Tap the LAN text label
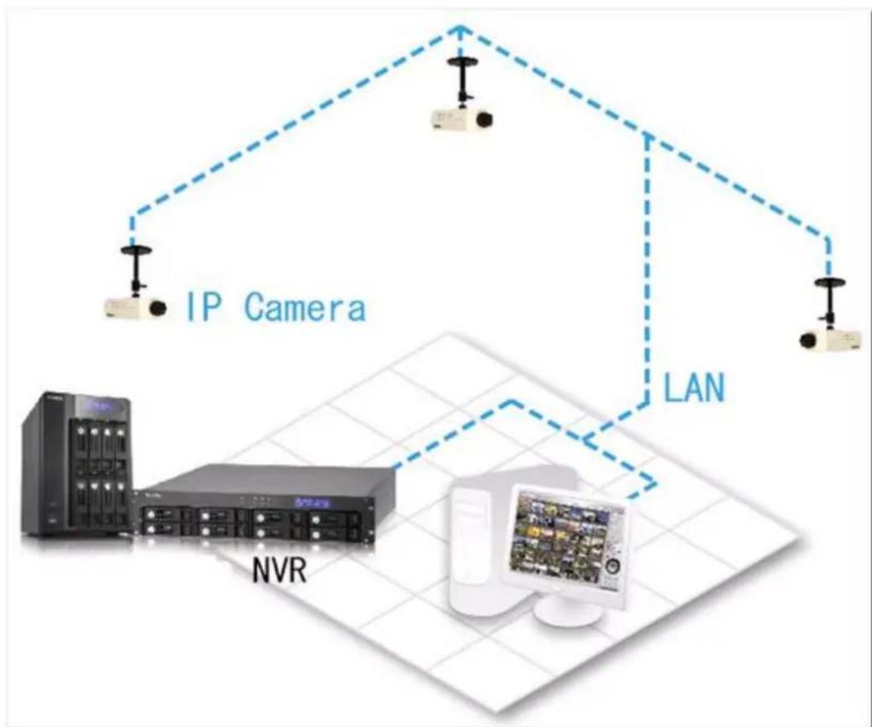point(693,388)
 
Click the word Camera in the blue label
point(304,307)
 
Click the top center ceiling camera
point(461,118)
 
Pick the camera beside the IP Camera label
point(135,306)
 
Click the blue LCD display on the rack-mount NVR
point(313,502)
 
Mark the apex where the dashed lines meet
point(459,28)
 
